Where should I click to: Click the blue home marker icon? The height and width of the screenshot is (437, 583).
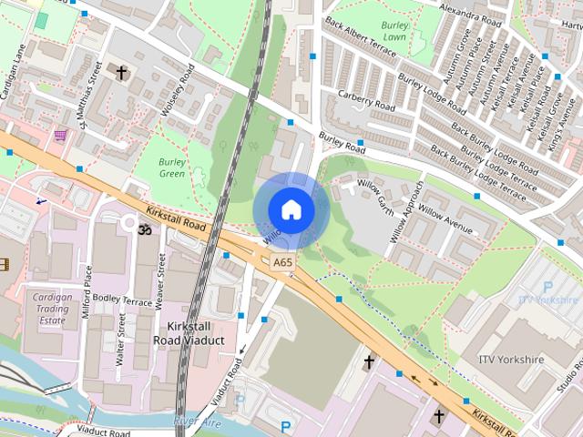(x=291, y=209)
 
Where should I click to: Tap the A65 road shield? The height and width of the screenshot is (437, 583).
(x=282, y=262)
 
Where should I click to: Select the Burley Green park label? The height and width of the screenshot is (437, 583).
(x=172, y=167)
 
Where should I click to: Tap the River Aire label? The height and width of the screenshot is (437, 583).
(x=197, y=421)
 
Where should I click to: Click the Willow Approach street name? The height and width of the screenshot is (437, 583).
(x=407, y=211)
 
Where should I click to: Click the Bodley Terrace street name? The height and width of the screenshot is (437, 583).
(x=122, y=300)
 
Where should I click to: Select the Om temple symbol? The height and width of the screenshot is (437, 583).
(x=141, y=231)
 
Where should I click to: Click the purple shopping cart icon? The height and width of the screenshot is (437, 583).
(x=60, y=135)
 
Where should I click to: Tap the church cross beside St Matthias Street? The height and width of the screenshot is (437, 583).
(x=121, y=70)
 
